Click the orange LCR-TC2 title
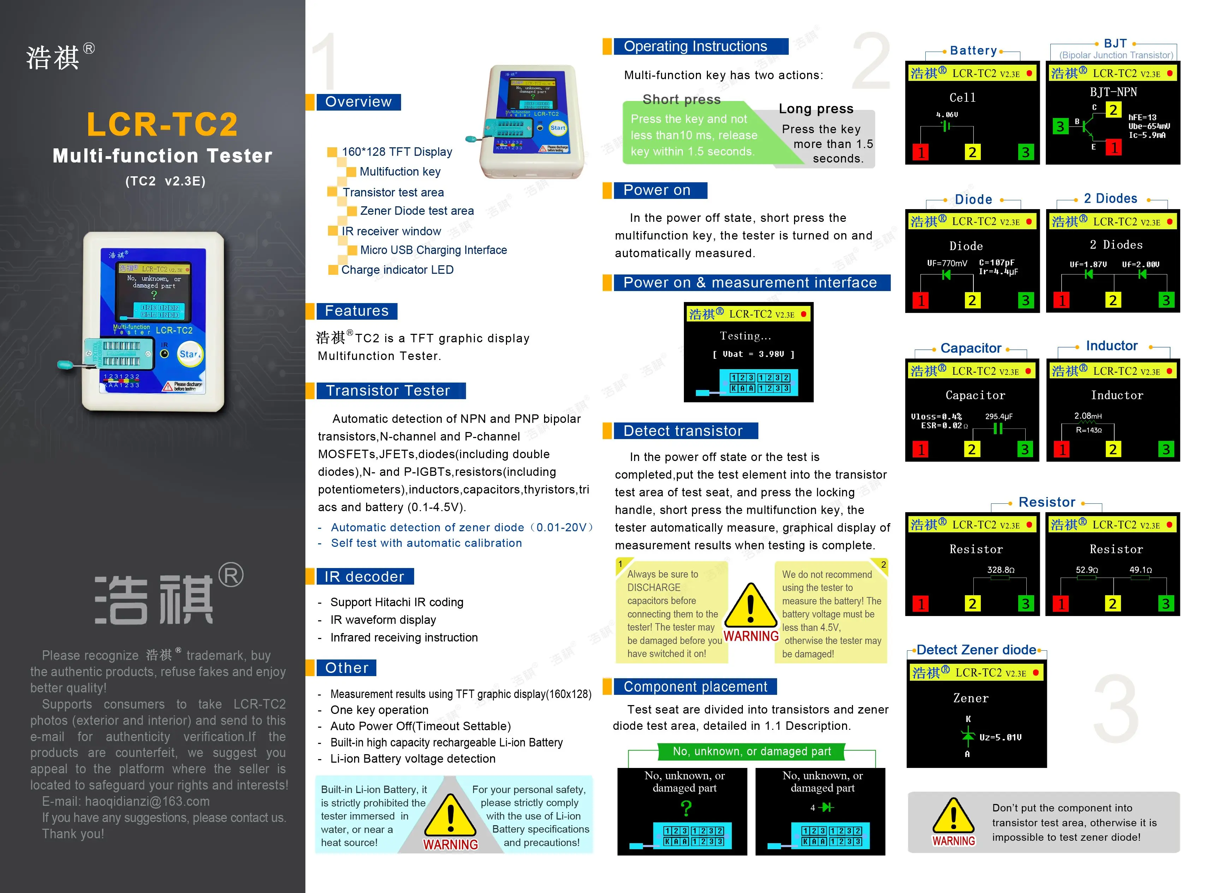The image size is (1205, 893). click(162, 125)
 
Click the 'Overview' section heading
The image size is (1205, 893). click(358, 102)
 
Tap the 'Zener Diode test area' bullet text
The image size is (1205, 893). click(416, 211)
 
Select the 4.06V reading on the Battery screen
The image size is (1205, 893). click(947, 114)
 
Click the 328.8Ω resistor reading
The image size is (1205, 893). click(1000, 570)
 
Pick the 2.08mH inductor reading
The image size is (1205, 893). click(1087, 416)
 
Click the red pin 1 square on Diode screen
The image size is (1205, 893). click(921, 301)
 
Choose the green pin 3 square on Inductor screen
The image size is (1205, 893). click(1165, 449)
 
